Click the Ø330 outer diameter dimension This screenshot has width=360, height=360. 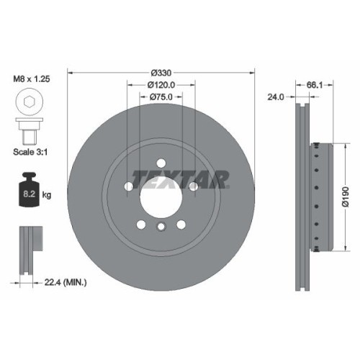(161, 73)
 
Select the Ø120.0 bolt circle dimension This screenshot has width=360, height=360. (161, 84)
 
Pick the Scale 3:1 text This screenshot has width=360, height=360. (30, 152)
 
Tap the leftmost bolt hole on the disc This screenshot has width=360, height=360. (129, 186)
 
